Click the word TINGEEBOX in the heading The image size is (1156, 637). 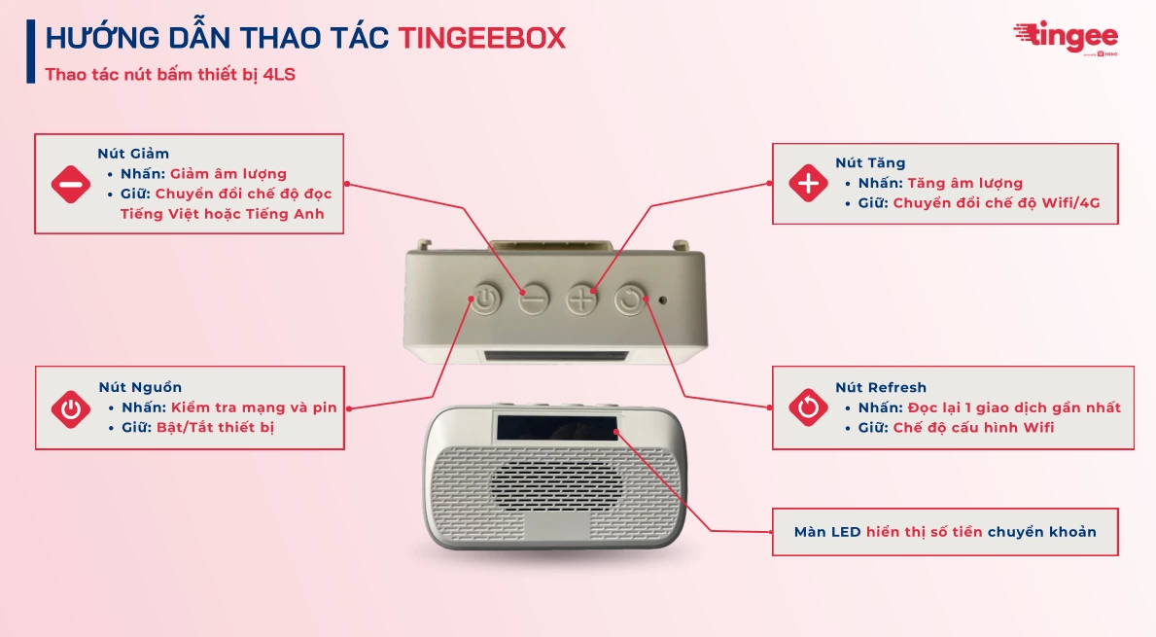[481, 38]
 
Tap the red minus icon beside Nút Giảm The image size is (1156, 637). [71, 184]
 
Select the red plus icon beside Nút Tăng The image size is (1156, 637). [808, 183]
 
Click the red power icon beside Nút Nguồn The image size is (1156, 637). [71, 408]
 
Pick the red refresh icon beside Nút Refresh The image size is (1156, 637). [808, 407]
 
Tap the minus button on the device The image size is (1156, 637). [533, 299]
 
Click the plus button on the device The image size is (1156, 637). [582, 299]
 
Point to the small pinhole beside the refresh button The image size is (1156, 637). [663, 299]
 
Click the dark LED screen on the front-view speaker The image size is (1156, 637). [557, 427]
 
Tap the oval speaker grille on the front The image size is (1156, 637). [557, 481]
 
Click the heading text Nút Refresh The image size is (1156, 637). [881, 387]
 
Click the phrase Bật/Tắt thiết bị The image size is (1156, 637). [215, 427]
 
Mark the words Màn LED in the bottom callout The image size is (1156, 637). [827, 532]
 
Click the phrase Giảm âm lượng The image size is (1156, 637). [228, 174]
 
